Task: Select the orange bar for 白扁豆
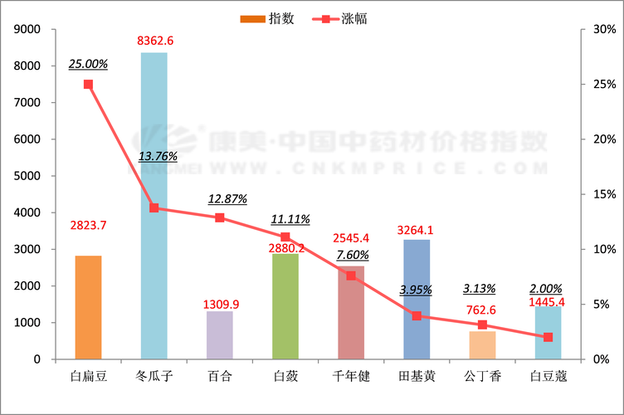pyautogui.click(x=88, y=307)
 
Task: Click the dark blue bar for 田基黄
pyautogui.click(x=417, y=300)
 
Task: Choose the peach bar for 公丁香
pyautogui.click(x=482, y=345)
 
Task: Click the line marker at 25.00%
pyautogui.click(x=88, y=84)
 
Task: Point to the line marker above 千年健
pyautogui.click(x=351, y=276)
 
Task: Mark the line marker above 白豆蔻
pyautogui.click(x=548, y=337)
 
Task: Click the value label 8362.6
pyautogui.click(x=156, y=40)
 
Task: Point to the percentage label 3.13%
pyautogui.click(x=480, y=289)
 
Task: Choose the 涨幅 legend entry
pyautogui.click(x=340, y=18)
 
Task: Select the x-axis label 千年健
pyautogui.click(x=350, y=376)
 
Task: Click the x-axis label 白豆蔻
pyautogui.click(x=548, y=376)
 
